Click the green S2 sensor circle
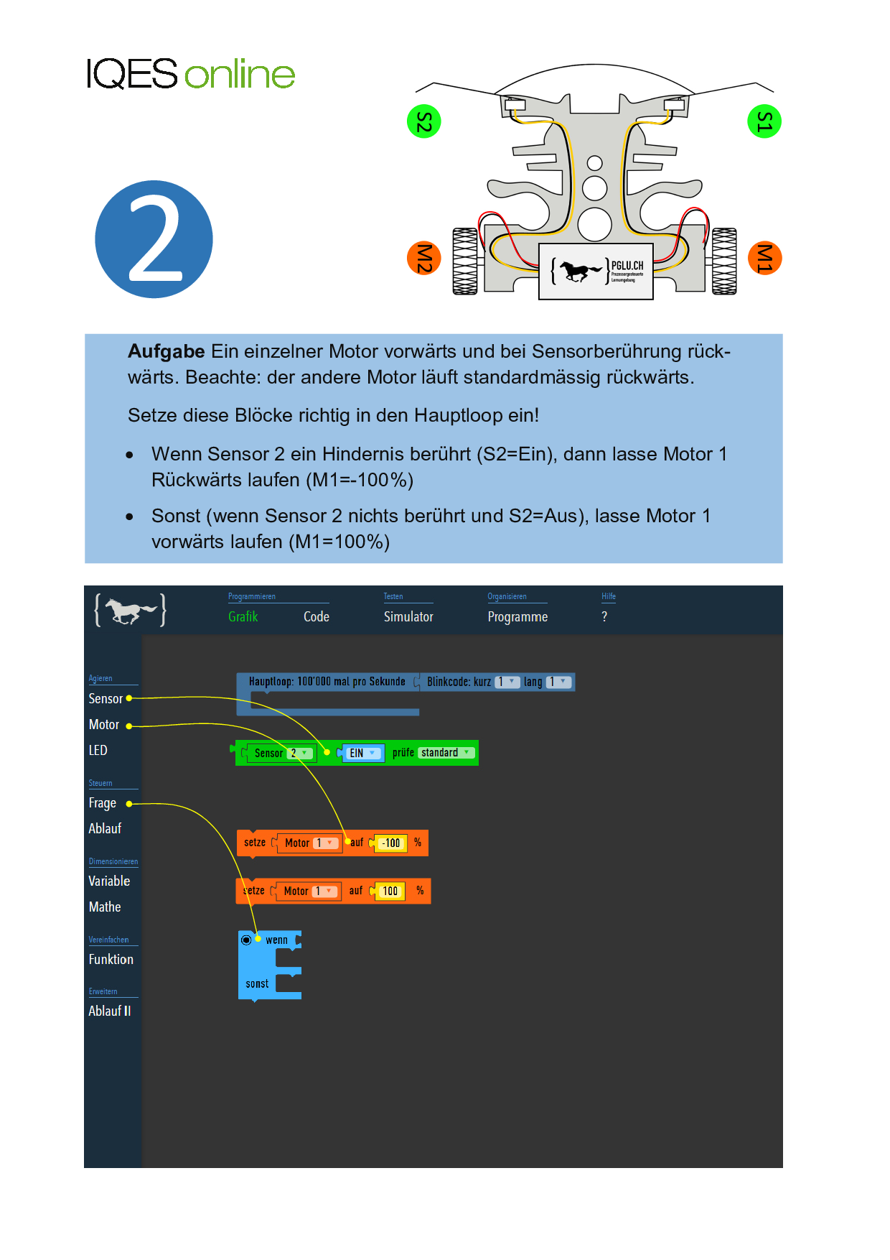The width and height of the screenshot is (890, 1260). tap(423, 122)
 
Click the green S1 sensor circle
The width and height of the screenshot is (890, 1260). tap(764, 122)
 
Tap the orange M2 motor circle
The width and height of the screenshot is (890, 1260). tap(424, 258)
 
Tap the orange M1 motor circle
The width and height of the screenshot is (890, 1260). tap(764, 258)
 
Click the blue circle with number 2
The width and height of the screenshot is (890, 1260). tap(154, 239)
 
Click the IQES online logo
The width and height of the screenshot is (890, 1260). tap(190, 74)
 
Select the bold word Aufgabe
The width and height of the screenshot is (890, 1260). tap(166, 351)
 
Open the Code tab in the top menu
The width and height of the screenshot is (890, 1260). tap(316, 616)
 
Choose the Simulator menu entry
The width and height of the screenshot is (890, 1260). tap(408, 616)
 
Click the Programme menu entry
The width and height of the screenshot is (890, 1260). tap(517, 616)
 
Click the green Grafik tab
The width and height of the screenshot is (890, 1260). tap(243, 616)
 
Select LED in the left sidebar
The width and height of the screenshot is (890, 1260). tap(98, 750)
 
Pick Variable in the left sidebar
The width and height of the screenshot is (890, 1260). tap(109, 881)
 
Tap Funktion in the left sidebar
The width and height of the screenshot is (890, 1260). tap(111, 959)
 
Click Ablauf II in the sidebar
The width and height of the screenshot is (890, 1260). tap(109, 1011)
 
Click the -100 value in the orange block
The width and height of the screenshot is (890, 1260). tap(391, 843)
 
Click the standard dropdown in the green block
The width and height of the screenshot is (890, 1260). tap(445, 753)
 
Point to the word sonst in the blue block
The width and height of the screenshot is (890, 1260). tap(257, 983)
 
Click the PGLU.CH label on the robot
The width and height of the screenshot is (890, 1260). tap(627, 266)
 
